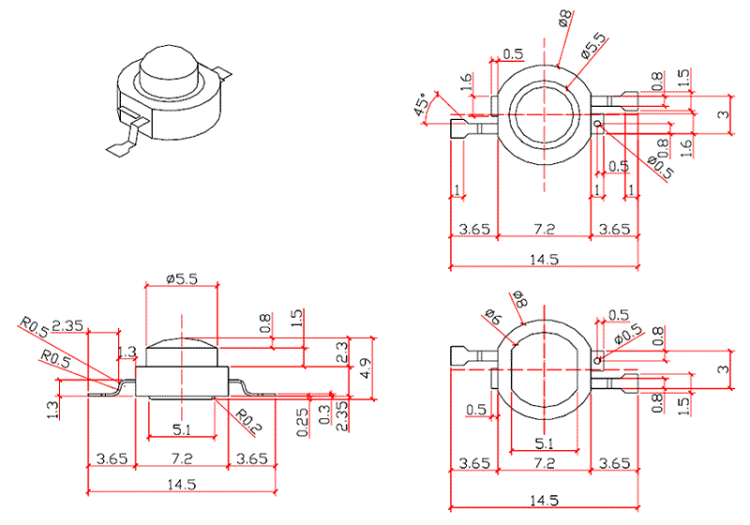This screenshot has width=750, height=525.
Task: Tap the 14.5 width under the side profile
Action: tap(183, 485)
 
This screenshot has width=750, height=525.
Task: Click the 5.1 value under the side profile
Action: tap(183, 432)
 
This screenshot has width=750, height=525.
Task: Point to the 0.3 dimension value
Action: tap(325, 414)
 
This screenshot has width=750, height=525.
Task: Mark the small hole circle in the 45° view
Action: tap(596, 123)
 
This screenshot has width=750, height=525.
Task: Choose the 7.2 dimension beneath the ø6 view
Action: tap(544, 463)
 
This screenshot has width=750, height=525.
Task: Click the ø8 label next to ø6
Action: tap(518, 301)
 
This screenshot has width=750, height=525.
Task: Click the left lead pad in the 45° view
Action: tap(463, 126)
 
